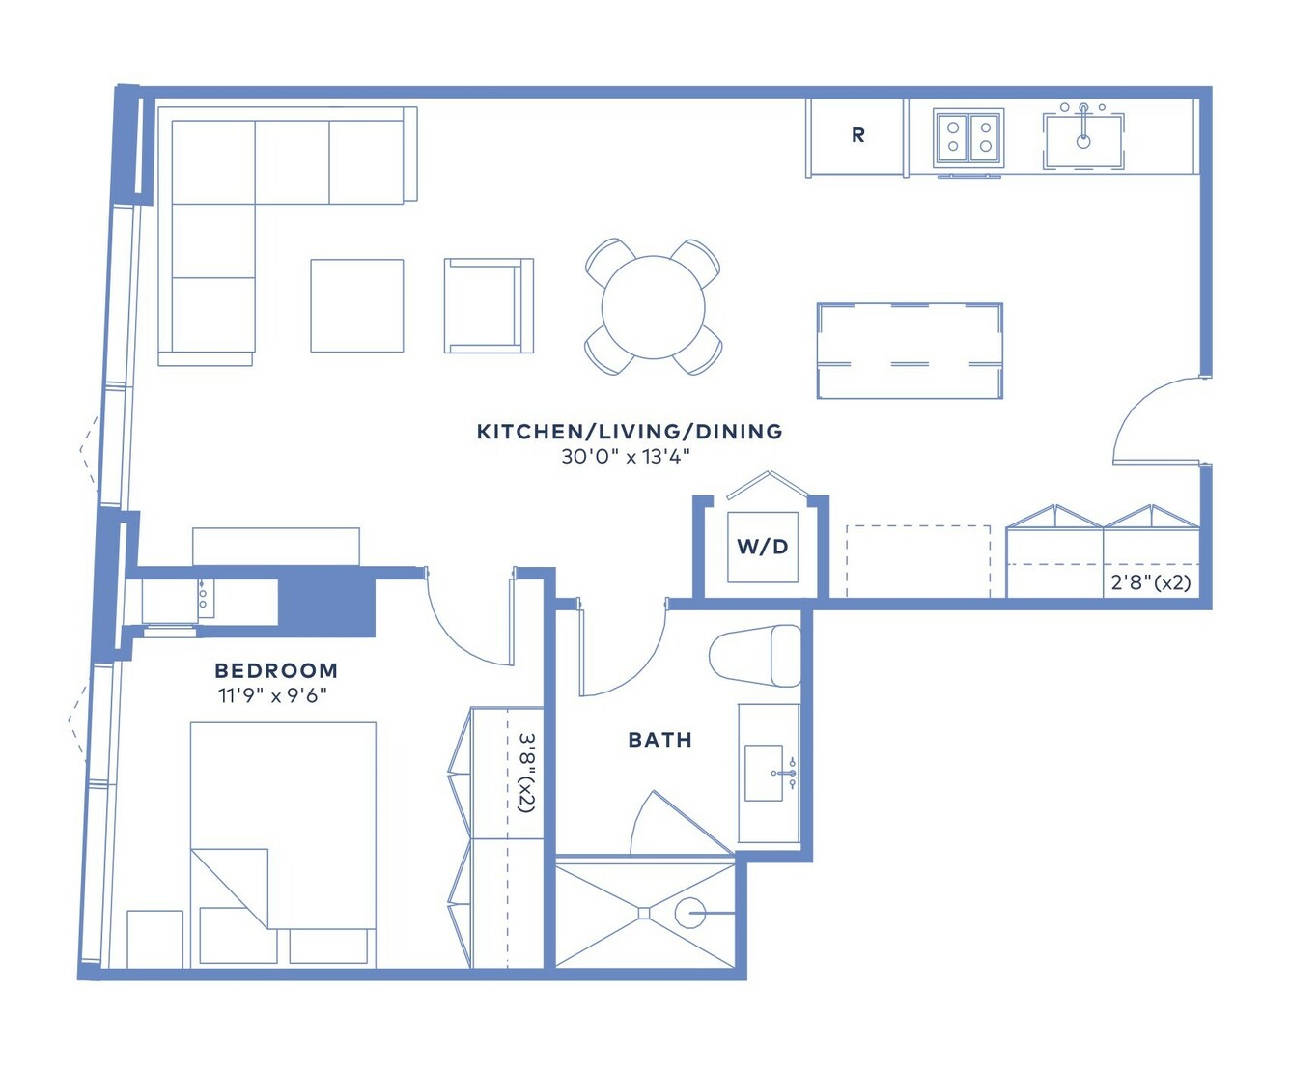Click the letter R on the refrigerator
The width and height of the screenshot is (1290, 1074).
tap(857, 134)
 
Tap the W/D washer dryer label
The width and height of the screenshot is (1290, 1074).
tap(763, 547)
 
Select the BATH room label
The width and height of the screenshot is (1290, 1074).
tap(659, 740)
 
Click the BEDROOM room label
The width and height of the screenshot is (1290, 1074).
tap(276, 670)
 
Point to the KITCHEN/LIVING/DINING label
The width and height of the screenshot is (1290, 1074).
tap(630, 432)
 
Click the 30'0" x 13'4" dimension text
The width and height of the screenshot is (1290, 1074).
tap(626, 457)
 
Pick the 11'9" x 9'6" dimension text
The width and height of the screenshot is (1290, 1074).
tap(272, 695)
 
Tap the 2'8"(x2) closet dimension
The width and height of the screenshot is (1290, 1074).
tap(1150, 582)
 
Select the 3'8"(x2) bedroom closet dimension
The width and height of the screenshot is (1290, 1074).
tap(526, 773)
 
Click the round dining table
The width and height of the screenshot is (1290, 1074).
tap(653, 307)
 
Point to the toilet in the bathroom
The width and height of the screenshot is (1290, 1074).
tap(755, 656)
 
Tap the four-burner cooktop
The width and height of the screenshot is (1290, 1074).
tap(968, 136)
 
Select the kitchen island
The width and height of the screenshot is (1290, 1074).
tap(910, 351)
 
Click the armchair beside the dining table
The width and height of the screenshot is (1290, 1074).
tap(489, 306)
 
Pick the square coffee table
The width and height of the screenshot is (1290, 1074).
tap(357, 306)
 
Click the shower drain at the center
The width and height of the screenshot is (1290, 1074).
tap(644, 913)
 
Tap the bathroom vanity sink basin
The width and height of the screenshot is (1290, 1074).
tap(764, 773)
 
